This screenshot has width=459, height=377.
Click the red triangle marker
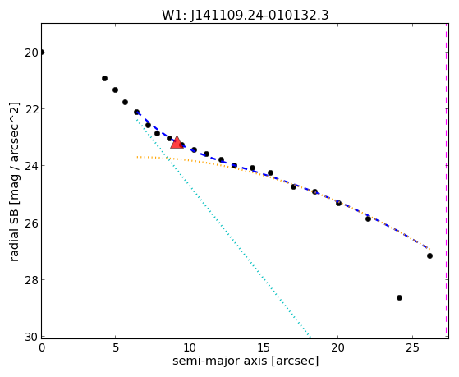[177, 143]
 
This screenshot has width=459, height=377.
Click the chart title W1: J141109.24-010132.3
[246, 16]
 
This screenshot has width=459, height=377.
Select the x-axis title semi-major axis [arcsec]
[246, 361]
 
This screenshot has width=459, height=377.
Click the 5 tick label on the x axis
[116, 347]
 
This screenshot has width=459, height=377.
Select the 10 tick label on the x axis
[190, 347]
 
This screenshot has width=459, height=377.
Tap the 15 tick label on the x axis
[264, 347]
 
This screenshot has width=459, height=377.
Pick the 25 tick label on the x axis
[412, 347]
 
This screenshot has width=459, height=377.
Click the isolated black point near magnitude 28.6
[399, 297]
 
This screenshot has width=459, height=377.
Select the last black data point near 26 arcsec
[429, 255]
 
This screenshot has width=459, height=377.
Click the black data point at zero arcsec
[42, 53]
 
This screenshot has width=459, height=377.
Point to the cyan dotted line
[223, 228]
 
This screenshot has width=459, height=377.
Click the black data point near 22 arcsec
[368, 218]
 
